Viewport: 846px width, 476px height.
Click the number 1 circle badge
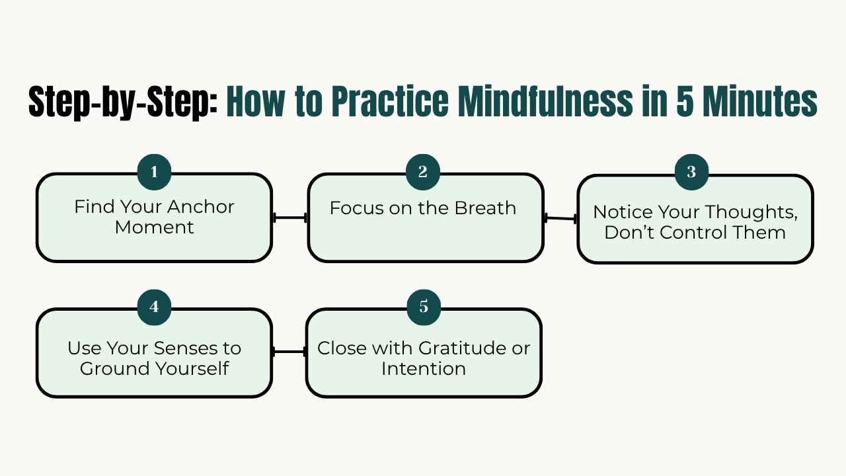[154, 173]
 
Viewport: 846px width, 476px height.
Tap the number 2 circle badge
[423, 173]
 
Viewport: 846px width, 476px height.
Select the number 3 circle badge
[691, 173]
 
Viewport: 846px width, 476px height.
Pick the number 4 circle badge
[154, 307]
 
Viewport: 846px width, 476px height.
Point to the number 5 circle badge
[424, 307]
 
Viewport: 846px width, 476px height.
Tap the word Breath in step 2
[486, 208]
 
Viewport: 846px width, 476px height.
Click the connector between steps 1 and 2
[289, 218]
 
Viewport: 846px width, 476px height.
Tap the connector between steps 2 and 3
[560, 218]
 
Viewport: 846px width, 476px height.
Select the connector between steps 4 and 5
[289, 352]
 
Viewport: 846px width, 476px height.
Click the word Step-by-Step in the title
[123, 102]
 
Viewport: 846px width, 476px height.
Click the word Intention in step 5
[423, 368]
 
